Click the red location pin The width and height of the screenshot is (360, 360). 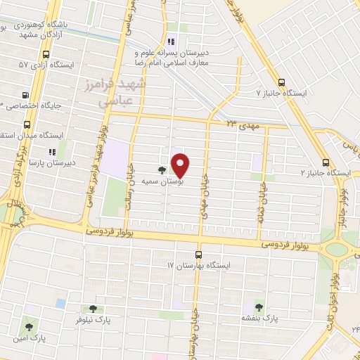181,165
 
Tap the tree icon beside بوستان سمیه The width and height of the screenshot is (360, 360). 162,169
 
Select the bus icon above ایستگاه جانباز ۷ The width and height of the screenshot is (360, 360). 282,82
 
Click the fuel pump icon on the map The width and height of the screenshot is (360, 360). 27,95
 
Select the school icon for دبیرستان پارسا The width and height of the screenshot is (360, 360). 51,151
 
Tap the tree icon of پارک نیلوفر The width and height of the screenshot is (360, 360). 93,308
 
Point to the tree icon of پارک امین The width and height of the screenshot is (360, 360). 29,327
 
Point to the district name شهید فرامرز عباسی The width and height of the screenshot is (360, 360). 122,92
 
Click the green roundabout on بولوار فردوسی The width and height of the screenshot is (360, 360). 337,249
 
